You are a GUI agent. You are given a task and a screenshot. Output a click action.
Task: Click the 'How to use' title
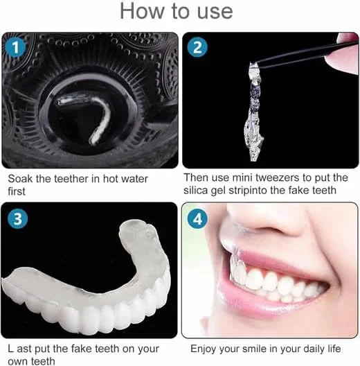[x=177, y=11]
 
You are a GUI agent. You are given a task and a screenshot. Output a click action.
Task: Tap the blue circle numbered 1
[x=15, y=47]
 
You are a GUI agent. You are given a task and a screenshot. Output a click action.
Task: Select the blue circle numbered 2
[x=197, y=47]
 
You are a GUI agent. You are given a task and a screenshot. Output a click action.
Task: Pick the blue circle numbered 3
[x=17, y=219]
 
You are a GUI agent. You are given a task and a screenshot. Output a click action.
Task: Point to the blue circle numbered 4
[x=197, y=219]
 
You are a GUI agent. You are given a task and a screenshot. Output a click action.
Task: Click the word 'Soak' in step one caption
[x=20, y=179]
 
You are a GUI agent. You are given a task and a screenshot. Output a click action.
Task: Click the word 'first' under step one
[x=17, y=191]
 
